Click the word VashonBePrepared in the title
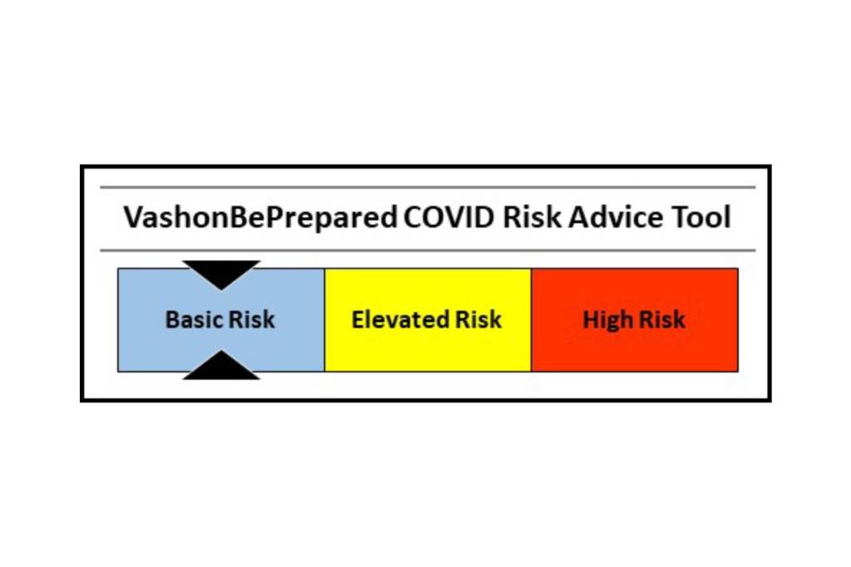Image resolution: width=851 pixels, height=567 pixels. [260, 218]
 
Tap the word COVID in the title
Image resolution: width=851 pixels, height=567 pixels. [449, 217]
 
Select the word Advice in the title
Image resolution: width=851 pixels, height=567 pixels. [616, 217]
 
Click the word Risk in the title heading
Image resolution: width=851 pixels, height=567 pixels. [532, 217]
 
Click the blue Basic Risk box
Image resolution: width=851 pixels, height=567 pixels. [221, 320]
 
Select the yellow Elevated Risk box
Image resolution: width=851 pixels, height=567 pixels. [428, 320]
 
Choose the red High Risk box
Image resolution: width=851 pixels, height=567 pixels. [634, 320]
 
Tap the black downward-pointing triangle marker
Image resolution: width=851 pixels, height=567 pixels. [221, 274]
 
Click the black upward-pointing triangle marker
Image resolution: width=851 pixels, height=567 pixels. [221, 367]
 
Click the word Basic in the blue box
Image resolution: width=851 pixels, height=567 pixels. [193, 319]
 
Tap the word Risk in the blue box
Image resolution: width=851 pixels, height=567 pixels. [251, 319]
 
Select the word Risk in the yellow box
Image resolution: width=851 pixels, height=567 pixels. [478, 319]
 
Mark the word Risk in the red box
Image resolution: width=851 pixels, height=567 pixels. [662, 319]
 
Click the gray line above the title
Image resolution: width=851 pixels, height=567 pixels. [428, 187]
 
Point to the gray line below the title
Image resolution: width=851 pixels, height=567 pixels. [428, 250]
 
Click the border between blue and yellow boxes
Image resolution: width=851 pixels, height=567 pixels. [325, 320]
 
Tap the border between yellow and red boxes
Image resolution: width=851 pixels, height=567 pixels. [531, 320]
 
